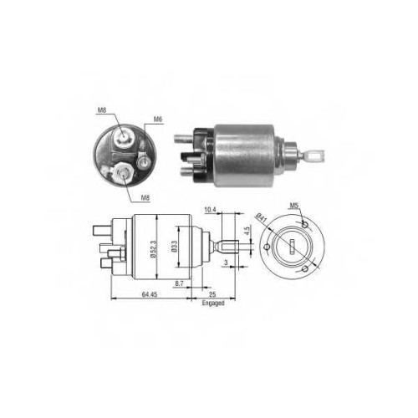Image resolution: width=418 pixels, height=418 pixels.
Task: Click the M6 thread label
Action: [158, 120]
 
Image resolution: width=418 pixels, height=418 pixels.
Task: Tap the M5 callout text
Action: [294, 206]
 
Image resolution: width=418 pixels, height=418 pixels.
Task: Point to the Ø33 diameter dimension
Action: [174, 247]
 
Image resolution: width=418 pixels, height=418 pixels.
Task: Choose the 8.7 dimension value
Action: [179, 283]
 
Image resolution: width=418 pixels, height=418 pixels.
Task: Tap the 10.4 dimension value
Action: [211, 210]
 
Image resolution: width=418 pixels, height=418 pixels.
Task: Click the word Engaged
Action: [213, 303]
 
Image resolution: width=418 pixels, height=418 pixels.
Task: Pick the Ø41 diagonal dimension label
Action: [262, 218]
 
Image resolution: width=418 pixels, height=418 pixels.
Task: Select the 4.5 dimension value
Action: [247, 231]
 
